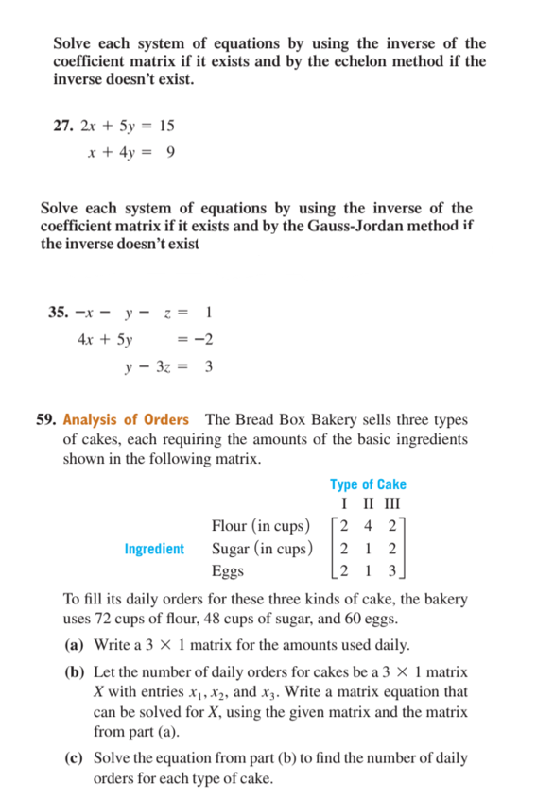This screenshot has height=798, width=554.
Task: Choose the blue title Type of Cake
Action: (x=368, y=484)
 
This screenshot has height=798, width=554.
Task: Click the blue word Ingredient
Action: (x=154, y=549)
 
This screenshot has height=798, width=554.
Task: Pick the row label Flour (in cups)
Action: (x=260, y=526)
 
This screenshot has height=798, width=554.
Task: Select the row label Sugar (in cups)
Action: (x=261, y=549)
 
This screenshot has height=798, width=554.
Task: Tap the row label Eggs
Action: (x=227, y=571)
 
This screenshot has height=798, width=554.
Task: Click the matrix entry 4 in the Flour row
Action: (x=368, y=526)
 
